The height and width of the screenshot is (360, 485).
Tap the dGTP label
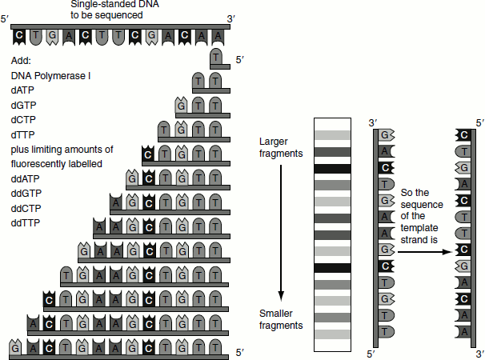[x=24, y=106]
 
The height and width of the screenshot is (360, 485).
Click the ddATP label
[x=27, y=178]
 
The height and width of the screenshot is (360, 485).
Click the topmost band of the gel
[x=332, y=134]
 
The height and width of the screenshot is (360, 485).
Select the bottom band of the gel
[x=332, y=334]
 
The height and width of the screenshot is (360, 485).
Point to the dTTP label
[x=24, y=134]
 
